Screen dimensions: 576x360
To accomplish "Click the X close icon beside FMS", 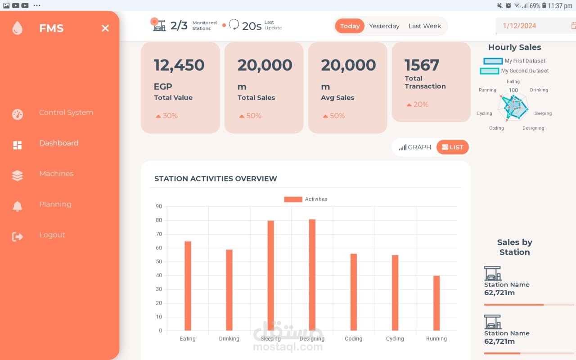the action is (x=105, y=28).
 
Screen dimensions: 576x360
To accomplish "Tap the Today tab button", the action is (x=350, y=26).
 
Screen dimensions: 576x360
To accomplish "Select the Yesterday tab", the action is (x=384, y=26).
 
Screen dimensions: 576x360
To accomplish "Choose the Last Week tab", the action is (x=424, y=26).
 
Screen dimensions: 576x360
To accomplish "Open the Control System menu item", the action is (x=66, y=112).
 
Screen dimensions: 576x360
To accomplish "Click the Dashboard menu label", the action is (x=59, y=143).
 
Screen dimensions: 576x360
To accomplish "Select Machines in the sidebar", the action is (x=56, y=174).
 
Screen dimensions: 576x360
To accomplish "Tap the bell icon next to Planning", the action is (x=18, y=206).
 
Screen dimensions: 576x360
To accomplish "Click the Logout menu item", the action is (x=52, y=235).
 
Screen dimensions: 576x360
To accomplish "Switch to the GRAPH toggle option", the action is (x=415, y=147).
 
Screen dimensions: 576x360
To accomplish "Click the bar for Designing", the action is (x=312, y=275).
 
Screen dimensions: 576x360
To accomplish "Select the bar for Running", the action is (x=436, y=303).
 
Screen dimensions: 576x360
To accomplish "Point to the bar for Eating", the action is (x=188, y=286).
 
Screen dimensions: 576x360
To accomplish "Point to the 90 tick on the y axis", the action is (x=159, y=207).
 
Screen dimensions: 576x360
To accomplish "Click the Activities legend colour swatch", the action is (x=293, y=199).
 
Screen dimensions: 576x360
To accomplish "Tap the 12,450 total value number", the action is (x=179, y=65).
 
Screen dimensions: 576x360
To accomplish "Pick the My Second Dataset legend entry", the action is (x=514, y=71).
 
